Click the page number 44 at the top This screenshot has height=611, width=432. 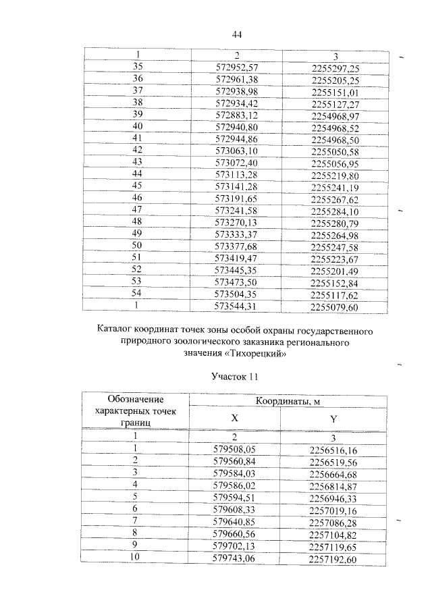click(236, 35)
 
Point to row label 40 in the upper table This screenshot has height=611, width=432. click(138, 126)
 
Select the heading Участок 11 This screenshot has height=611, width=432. click(236, 375)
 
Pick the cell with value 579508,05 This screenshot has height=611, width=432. click(235, 448)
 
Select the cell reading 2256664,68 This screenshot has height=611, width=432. click(333, 473)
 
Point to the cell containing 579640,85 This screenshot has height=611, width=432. click(235, 521)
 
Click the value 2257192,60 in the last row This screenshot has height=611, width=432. click(333, 559)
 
